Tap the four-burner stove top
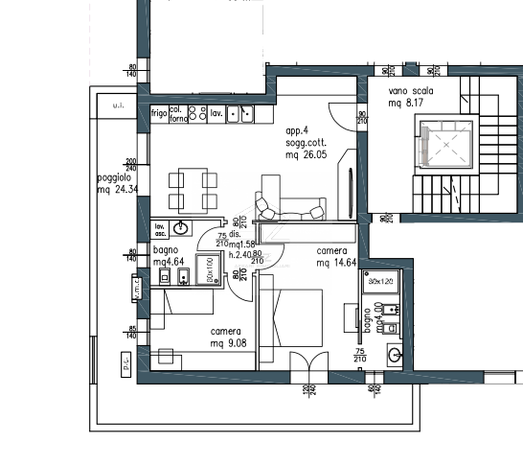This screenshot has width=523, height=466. point(197,114)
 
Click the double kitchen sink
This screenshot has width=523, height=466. point(240,114)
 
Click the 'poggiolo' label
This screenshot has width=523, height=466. point(115,178)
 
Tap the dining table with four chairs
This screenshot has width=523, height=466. point(190,189)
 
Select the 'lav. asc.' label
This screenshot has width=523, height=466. point(161,230)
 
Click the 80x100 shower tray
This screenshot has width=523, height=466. point(208,269)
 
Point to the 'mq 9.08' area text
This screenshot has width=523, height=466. point(226,343)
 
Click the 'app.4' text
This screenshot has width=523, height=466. point(298,130)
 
